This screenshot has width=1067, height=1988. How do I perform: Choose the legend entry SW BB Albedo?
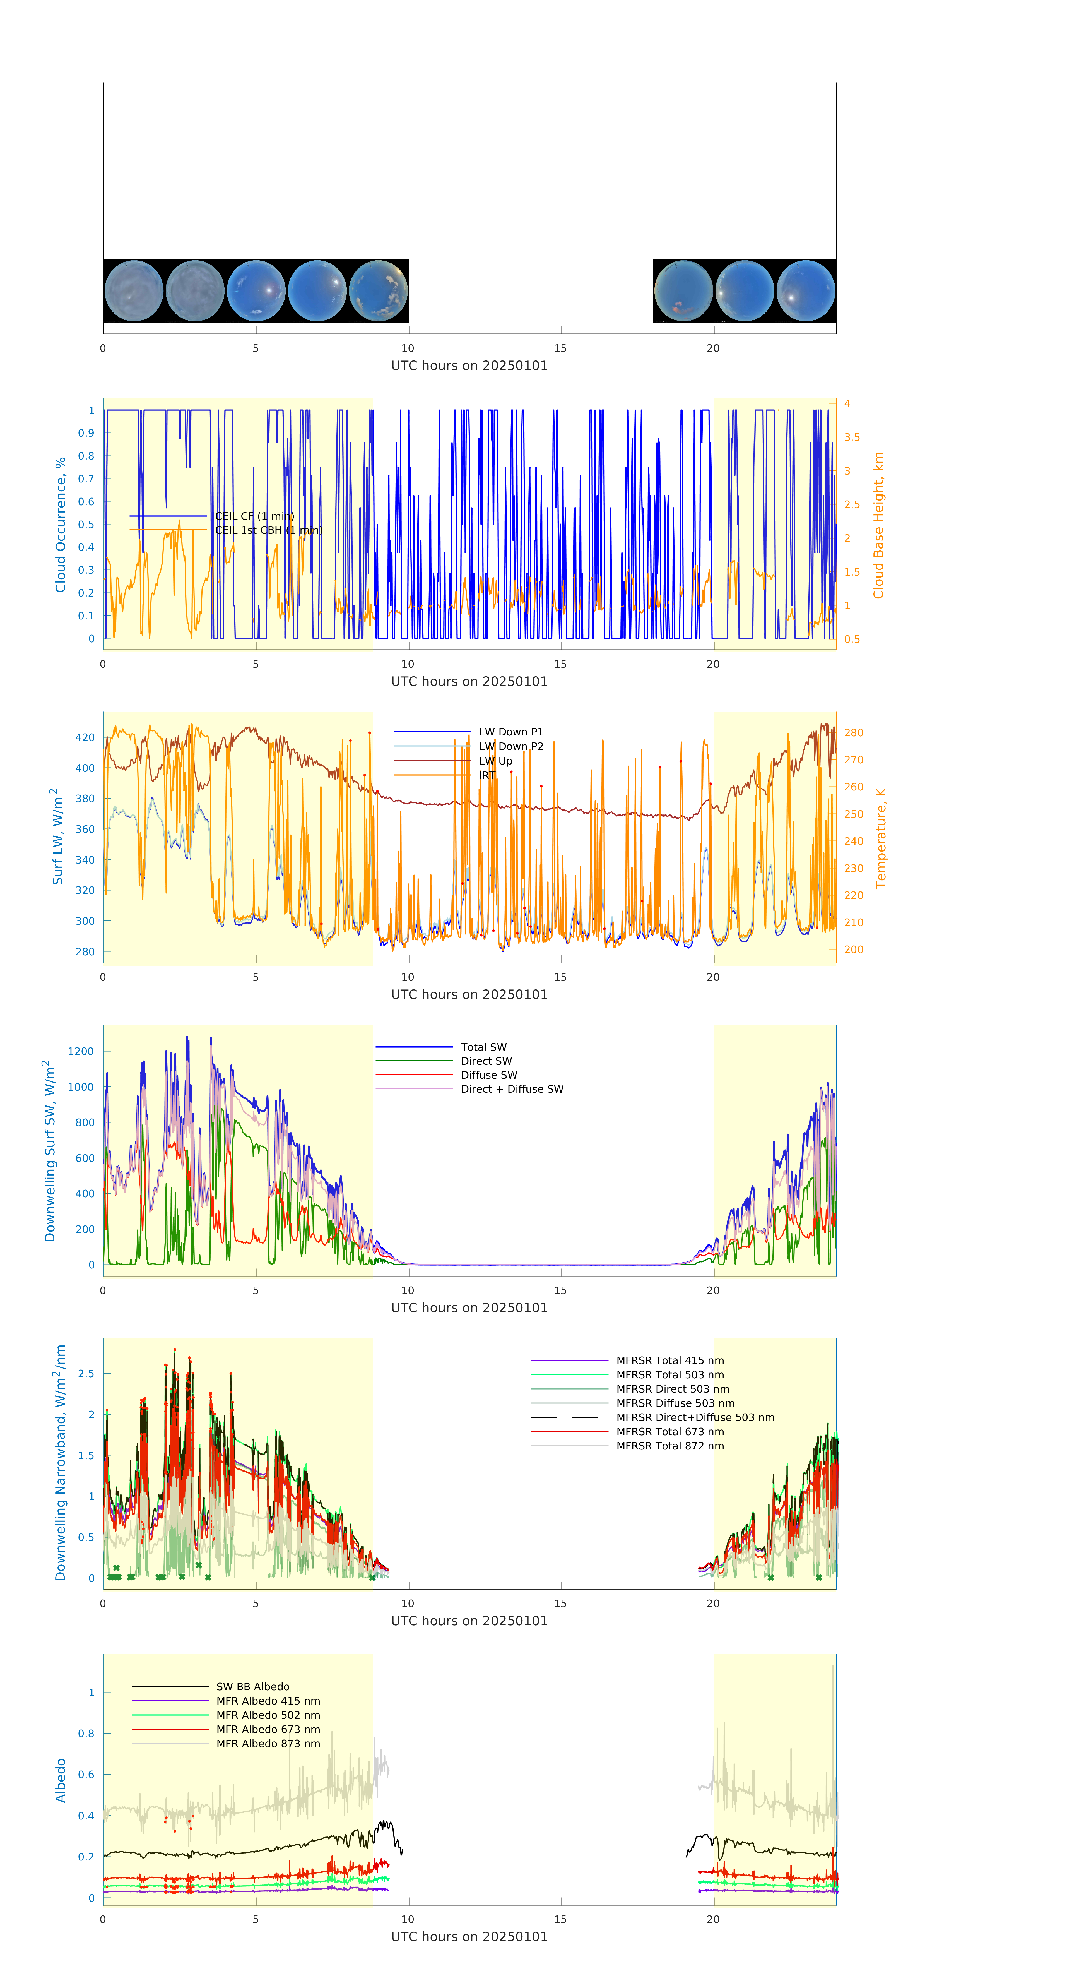252,1686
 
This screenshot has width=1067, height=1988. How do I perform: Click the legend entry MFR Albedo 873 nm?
268,1743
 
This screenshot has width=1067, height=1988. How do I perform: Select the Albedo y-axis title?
60,1780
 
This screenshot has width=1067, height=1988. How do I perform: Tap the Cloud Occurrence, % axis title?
60,525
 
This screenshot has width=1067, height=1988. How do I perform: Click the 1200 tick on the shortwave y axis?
80,1051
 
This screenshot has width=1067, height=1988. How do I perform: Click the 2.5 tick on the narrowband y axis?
86,1374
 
